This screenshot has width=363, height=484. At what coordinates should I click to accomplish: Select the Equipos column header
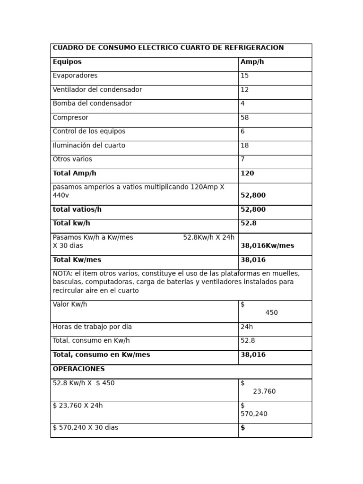pyautogui.click(x=67, y=62)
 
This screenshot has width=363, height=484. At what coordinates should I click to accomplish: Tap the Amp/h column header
pyautogui.click(x=252, y=62)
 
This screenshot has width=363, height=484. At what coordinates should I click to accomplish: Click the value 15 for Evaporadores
pyautogui.click(x=244, y=76)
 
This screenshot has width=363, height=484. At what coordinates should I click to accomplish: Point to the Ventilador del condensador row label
pyautogui.click(x=97, y=90)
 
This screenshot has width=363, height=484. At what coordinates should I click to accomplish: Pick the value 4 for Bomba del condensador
pyautogui.click(x=242, y=104)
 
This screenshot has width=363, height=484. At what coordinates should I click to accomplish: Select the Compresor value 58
pyautogui.click(x=244, y=118)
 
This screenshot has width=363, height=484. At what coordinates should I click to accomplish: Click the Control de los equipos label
pyautogui.click(x=89, y=131)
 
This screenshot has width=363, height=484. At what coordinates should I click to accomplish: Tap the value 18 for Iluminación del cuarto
pyautogui.click(x=244, y=146)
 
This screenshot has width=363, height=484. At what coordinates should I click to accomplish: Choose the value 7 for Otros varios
pyautogui.click(x=242, y=159)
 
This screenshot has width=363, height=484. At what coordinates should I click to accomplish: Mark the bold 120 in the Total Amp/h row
pyautogui.click(x=247, y=173)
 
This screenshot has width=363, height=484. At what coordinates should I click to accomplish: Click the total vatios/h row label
pyautogui.click(x=77, y=209)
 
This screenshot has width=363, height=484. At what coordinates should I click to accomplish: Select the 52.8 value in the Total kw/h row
pyautogui.click(x=248, y=223)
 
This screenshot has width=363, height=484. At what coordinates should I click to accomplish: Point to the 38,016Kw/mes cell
pyautogui.click(x=267, y=246)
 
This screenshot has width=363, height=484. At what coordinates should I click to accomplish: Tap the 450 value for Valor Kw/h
pyautogui.click(x=272, y=313)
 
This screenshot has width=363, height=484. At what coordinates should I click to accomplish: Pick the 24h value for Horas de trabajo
pyautogui.click(x=247, y=327)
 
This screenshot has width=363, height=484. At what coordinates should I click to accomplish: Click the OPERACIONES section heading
pyautogui.click(x=78, y=369)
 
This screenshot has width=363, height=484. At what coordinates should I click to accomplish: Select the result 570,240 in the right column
pyautogui.click(x=254, y=414)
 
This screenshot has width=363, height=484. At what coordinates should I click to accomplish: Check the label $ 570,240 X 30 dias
pyautogui.click(x=86, y=428)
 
